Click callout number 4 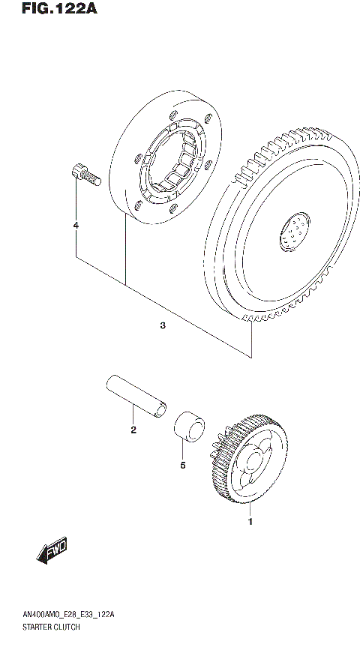pyautogui.click(x=75, y=225)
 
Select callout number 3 pyautogui.click(x=162, y=325)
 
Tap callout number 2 pyautogui.click(x=133, y=430)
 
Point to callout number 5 pyautogui.click(x=182, y=464)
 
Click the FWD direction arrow pyautogui.click(x=51, y=553)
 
